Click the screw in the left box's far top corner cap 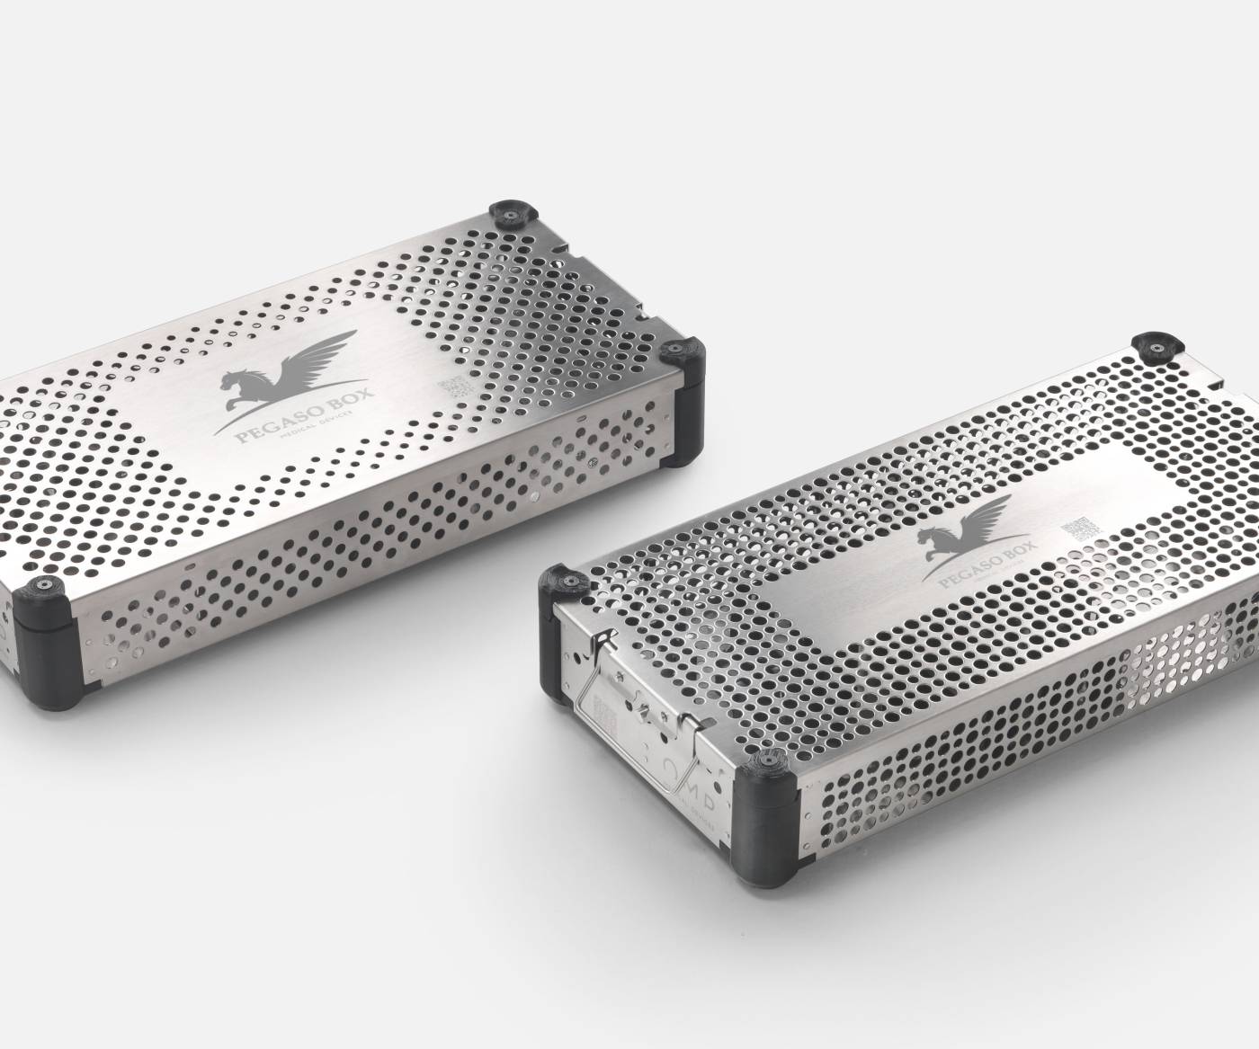(507, 213)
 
